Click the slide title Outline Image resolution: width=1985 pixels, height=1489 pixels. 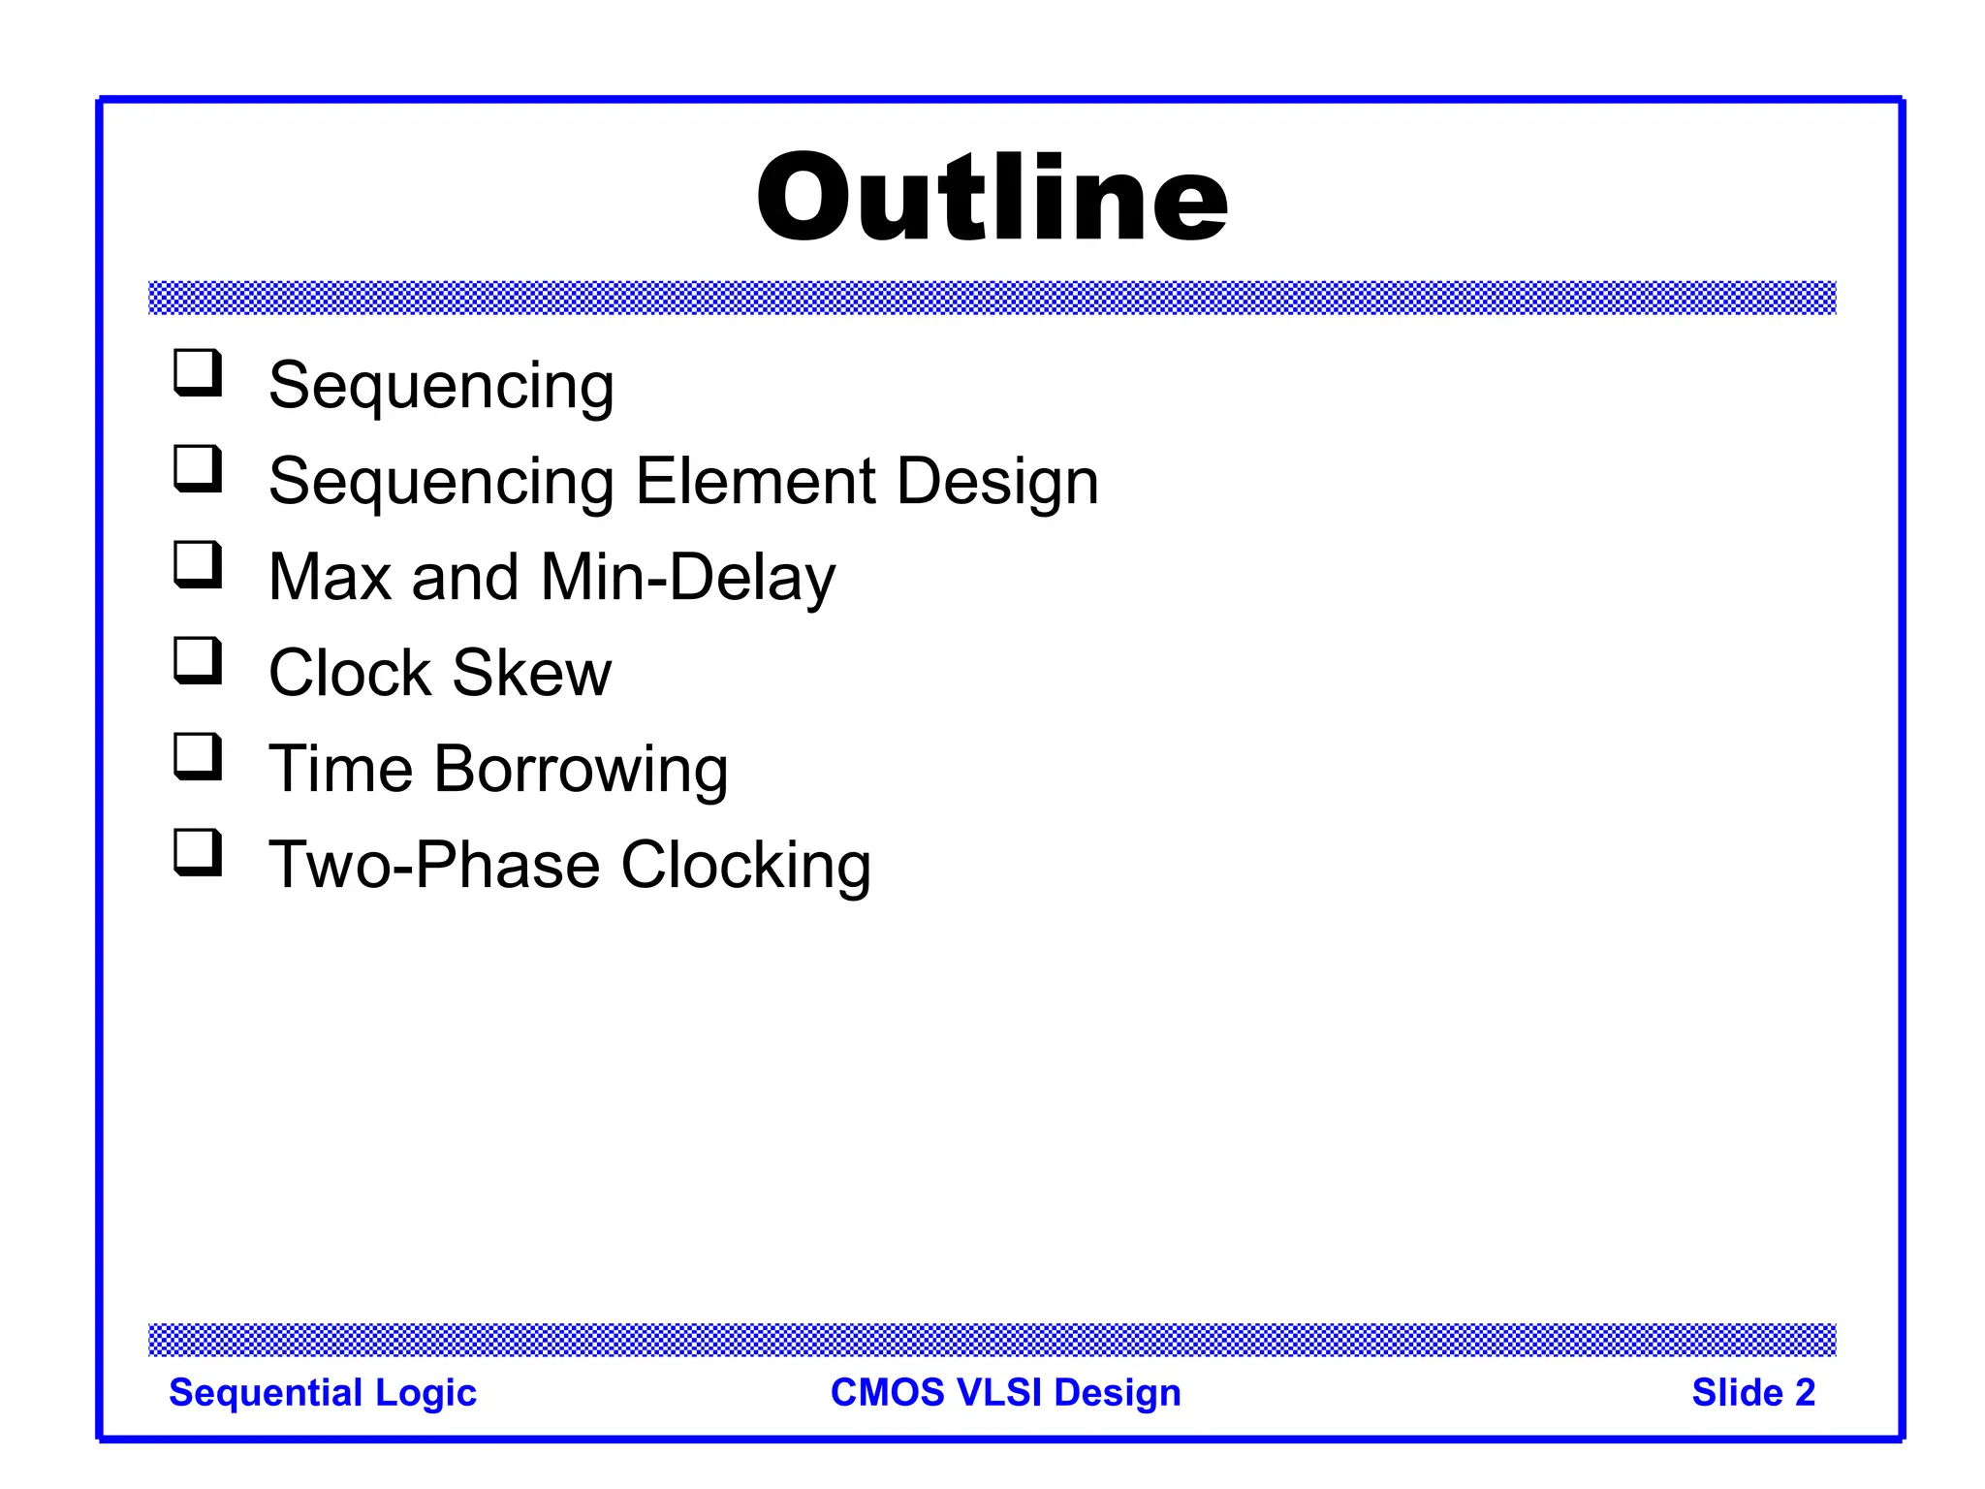(x=992, y=198)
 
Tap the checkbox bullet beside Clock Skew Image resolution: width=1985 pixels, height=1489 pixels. (x=198, y=660)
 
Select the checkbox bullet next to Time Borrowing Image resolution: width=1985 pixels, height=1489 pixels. (x=198, y=756)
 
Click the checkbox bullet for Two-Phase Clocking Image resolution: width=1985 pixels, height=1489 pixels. (x=198, y=852)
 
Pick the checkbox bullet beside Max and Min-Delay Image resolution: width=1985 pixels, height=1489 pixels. (x=198, y=564)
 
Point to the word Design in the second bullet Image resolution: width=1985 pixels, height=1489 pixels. (x=997, y=483)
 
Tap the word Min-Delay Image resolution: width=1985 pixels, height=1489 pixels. (x=687, y=578)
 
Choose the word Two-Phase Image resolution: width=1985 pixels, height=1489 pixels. (x=434, y=865)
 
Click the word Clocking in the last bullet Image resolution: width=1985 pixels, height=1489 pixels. (x=745, y=866)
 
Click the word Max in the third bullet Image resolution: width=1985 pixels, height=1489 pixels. (x=330, y=578)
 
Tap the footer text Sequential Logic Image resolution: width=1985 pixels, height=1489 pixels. (x=323, y=1393)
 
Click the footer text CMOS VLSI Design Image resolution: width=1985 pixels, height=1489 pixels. (x=1005, y=1393)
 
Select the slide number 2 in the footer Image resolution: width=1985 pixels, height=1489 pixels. (x=1804, y=1393)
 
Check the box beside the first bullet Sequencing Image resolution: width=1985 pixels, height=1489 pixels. (x=198, y=372)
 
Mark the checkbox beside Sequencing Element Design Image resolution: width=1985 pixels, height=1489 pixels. (x=198, y=468)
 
